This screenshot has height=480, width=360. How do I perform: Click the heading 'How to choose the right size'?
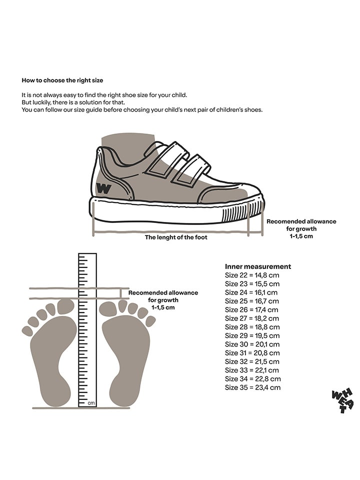62,80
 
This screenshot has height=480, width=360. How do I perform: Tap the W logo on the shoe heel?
103,189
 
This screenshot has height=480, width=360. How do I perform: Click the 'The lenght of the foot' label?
176,237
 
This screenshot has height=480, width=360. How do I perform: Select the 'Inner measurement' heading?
258,266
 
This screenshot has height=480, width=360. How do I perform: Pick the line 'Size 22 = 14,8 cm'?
252,275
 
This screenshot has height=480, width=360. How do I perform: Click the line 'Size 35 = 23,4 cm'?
252,387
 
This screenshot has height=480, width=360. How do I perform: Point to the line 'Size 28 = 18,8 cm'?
252,327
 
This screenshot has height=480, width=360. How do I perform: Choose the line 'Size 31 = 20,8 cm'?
252,353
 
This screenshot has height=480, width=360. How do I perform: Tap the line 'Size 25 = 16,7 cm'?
252,301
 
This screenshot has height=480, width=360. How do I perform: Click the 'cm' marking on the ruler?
91,402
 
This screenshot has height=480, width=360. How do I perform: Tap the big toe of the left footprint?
65,306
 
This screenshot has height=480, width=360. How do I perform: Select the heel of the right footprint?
122,392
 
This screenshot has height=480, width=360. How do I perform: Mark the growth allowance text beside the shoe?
301,228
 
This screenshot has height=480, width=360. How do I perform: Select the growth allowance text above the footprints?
163,300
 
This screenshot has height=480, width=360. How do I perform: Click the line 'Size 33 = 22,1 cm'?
252,370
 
